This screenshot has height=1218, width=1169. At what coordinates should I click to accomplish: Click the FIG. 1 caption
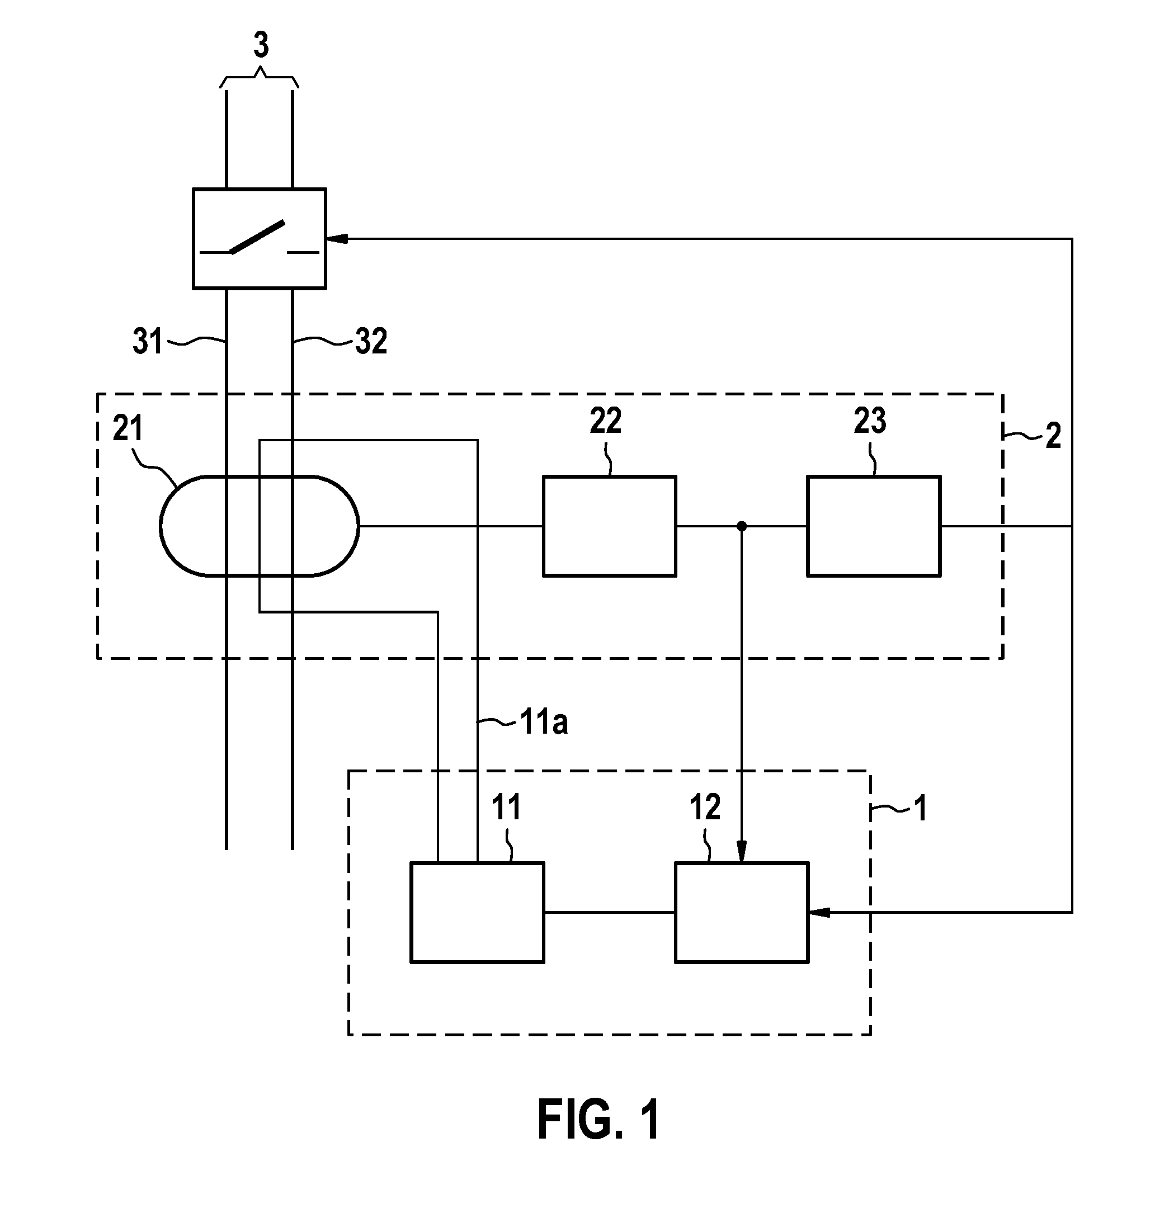(598, 1119)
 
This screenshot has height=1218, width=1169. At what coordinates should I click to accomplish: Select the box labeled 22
(609, 526)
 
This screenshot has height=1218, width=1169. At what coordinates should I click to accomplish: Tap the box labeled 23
(873, 526)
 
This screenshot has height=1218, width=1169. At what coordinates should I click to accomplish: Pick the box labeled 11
(477, 912)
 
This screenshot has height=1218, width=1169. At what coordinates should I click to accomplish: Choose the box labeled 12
(742, 912)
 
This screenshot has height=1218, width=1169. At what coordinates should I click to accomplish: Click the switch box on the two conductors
(259, 239)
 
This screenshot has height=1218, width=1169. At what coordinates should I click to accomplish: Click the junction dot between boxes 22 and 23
(741, 526)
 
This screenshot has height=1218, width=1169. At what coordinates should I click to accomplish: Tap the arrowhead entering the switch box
(336, 239)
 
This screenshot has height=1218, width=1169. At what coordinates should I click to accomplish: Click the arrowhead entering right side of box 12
(819, 912)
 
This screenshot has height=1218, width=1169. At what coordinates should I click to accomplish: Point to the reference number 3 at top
(261, 45)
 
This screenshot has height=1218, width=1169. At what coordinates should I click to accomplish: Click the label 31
(147, 342)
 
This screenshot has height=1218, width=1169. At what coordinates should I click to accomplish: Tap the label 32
(371, 342)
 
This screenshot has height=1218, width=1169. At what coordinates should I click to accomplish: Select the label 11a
(544, 723)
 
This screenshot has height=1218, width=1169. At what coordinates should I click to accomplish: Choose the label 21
(128, 429)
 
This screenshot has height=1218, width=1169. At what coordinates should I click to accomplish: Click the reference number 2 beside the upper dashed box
(1053, 436)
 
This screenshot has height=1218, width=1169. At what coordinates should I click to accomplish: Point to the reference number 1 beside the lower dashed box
(921, 809)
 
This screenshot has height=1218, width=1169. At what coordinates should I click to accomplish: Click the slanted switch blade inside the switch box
(258, 237)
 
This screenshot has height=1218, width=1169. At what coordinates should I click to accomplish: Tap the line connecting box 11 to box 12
(610, 912)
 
